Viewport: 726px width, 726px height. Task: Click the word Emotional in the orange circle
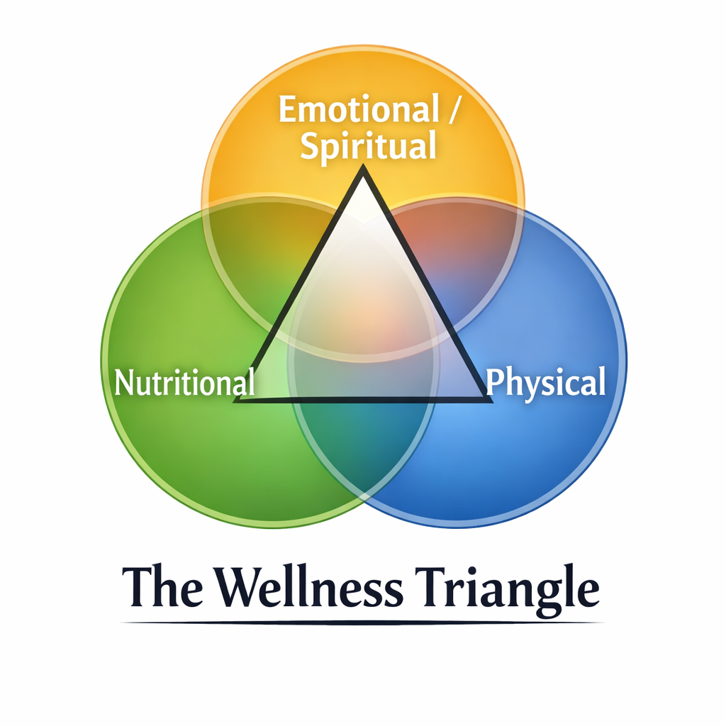click(359, 111)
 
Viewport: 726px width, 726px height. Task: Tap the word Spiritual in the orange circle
click(367, 147)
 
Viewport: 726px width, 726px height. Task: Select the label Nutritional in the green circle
click(184, 383)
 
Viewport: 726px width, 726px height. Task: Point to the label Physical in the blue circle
click(546, 383)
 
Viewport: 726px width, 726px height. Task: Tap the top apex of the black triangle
click(363, 170)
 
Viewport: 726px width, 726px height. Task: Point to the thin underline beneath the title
click(363, 622)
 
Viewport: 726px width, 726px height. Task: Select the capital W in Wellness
click(237, 588)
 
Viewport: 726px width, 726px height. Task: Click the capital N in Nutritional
click(123, 383)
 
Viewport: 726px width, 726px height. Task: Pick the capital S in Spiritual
click(309, 147)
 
